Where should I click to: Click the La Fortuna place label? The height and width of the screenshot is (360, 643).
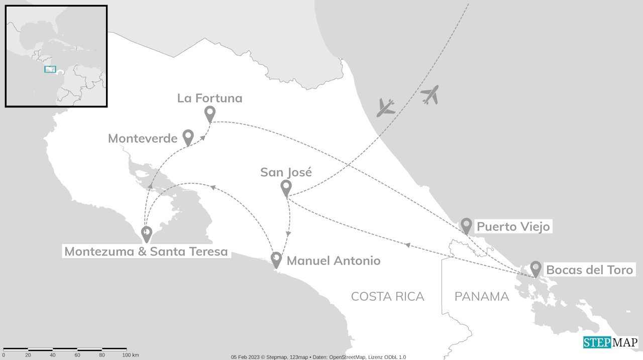[x=209, y=98]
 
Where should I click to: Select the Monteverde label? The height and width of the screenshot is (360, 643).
[x=143, y=139]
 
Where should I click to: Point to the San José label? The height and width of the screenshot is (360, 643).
[x=286, y=173]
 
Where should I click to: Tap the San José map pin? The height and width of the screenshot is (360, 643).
[x=286, y=187]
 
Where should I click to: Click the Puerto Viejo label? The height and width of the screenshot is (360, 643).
[x=513, y=227]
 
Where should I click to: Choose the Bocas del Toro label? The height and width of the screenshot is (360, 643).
[x=589, y=270]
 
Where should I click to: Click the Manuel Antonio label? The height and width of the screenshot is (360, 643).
[x=334, y=261]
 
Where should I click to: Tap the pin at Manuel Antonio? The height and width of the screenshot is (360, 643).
[x=276, y=259]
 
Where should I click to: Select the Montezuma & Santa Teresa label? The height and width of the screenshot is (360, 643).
[x=146, y=252]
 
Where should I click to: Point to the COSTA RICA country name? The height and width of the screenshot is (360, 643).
[x=387, y=297]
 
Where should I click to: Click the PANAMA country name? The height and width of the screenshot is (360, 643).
[x=482, y=297]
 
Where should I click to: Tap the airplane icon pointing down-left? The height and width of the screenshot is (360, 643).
[x=385, y=107]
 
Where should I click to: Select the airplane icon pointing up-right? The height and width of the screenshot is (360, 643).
[x=430, y=94]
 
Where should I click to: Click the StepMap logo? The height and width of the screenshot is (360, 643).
[x=610, y=342]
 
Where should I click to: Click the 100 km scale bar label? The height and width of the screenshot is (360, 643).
[x=131, y=355]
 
